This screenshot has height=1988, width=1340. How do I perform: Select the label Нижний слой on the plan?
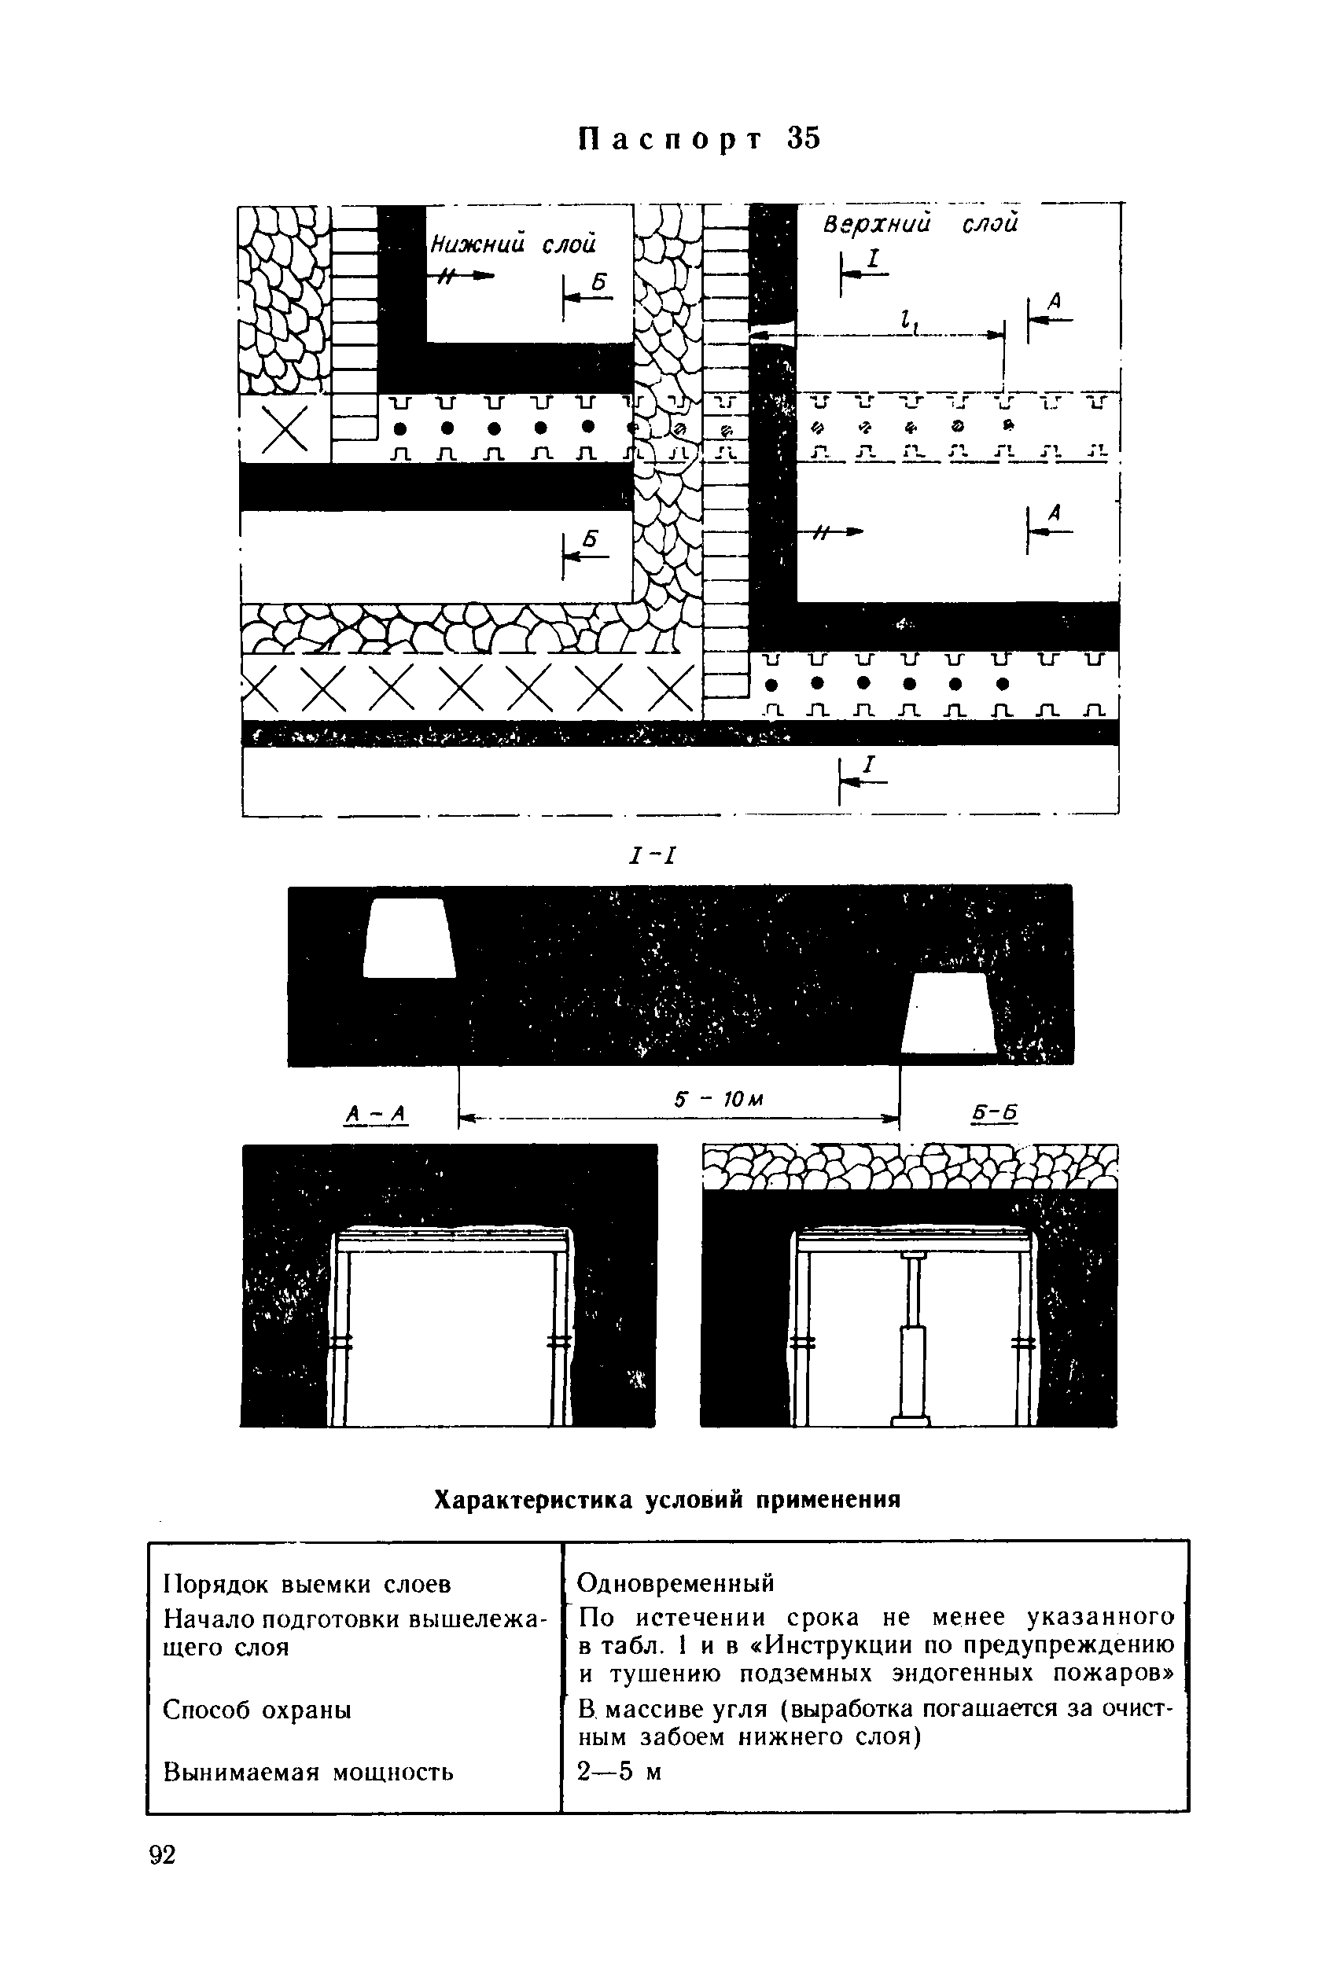pyautogui.click(x=512, y=245)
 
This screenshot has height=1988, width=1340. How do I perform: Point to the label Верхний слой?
pyautogui.click(x=920, y=224)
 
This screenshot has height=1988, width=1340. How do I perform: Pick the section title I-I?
pyautogui.click(x=651, y=854)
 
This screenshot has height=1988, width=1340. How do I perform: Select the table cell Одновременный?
pyautogui.click(x=676, y=1583)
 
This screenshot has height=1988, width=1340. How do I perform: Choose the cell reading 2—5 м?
pyautogui.click(x=620, y=1772)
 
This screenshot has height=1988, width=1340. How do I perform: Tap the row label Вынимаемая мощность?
pyautogui.click(x=307, y=1772)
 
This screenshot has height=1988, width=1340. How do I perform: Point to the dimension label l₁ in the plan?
pyautogui.click(x=904, y=322)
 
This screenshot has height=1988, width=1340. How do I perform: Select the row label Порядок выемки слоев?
pyautogui.click(x=307, y=1584)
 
